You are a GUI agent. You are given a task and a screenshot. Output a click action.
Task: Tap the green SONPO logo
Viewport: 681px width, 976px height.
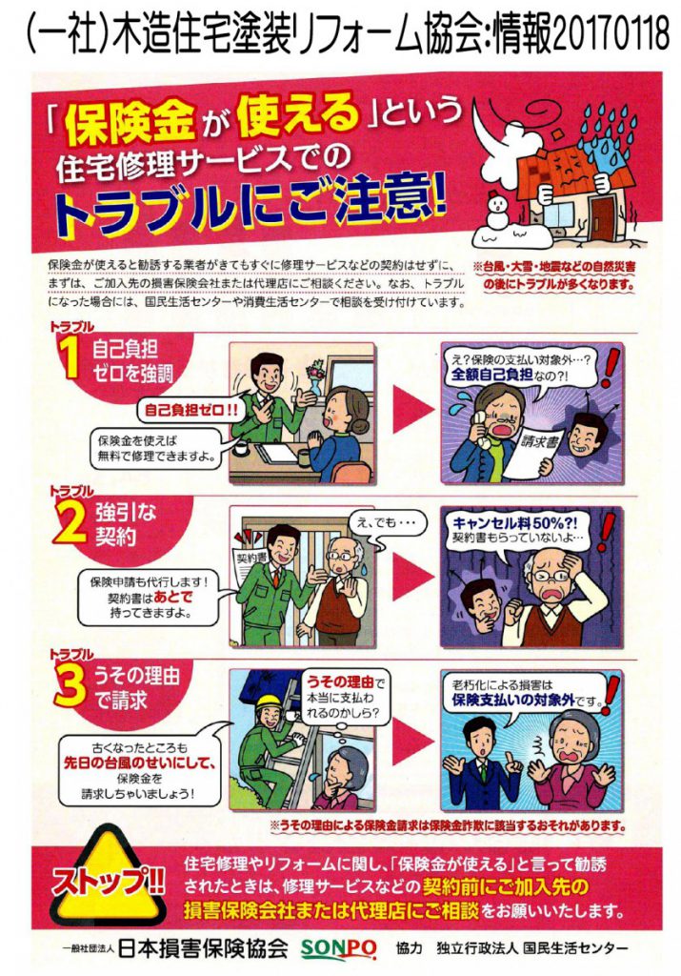(338, 948)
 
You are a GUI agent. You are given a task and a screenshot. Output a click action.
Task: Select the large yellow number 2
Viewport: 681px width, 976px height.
(70, 524)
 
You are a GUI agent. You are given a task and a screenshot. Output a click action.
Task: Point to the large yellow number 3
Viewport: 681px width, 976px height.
(70, 686)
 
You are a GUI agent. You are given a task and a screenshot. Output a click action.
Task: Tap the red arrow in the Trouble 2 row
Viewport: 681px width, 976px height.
(413, 575)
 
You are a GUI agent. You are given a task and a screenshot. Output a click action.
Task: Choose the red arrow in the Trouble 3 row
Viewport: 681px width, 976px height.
(413, 739)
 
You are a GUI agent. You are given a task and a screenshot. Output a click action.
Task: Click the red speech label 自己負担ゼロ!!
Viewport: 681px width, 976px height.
(190, 410)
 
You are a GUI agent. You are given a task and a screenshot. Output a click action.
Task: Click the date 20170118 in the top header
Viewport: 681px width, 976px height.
(611, 35)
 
